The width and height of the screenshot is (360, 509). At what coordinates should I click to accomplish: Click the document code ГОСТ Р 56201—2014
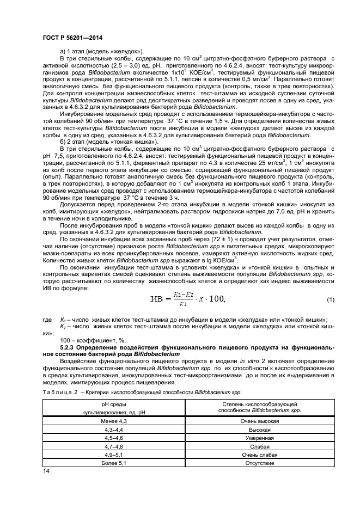click(72, 38)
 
